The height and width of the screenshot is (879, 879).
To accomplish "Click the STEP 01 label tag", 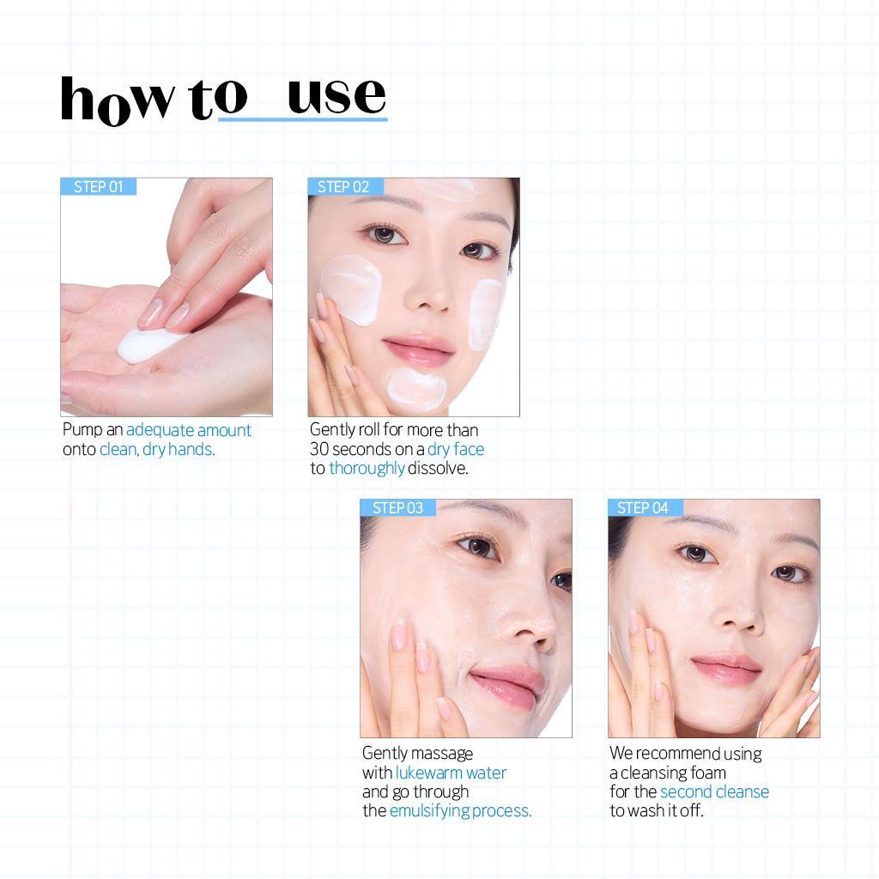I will pos(98,187).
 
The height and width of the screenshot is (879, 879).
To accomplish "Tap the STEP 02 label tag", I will pos(343,187).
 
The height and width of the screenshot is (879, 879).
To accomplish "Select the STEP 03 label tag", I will pos(397,508).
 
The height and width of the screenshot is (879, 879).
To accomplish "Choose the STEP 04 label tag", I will pos(643,508).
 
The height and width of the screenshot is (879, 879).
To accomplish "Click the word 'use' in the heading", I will pos(336,96).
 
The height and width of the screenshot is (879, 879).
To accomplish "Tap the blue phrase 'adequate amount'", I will pos(189,430).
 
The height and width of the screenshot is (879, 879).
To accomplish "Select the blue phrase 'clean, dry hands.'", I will pos(157,450).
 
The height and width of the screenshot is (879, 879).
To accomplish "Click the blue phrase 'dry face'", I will pos(456,450).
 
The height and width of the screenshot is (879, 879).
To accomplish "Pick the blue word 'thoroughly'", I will pos(367,469).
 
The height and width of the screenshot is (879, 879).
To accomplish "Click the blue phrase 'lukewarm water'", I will pos(451,773).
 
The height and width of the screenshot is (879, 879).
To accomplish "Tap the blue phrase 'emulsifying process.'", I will pos(461,811).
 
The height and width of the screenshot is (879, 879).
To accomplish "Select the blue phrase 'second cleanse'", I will pos(714,791).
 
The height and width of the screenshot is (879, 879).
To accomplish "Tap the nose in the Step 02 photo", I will pos(429,292).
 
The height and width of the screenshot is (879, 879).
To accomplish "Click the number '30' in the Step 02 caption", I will pos(319,450).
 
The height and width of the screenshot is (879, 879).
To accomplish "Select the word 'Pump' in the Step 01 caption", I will pos(82,430).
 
